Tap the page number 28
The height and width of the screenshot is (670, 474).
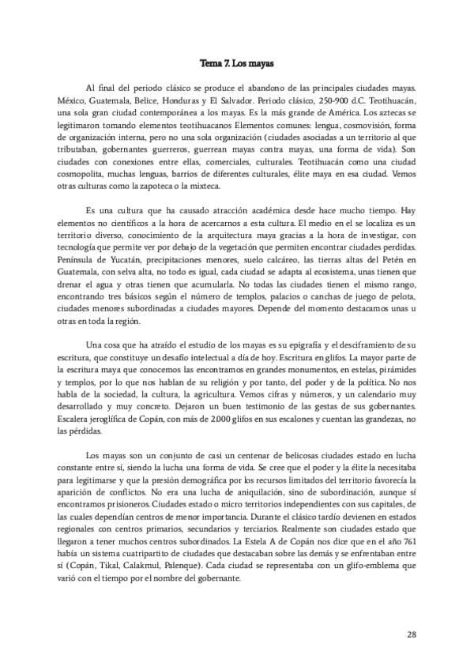tap(412, 634)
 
